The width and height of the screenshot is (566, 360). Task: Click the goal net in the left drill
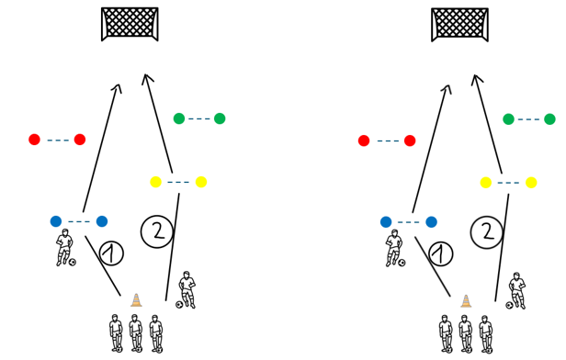130,24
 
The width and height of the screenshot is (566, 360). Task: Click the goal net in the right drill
459,25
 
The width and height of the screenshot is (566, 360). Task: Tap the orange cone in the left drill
136,300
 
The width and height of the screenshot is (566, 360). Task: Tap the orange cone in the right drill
466,301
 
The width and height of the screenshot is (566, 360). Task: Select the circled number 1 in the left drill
111,253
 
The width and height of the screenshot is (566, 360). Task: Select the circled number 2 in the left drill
157,231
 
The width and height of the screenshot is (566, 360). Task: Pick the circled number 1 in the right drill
441,254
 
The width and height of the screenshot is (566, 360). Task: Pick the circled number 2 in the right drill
487,232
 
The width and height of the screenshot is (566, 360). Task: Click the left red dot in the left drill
34,140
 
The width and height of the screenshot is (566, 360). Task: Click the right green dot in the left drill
220,118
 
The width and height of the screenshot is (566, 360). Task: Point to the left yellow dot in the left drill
155,182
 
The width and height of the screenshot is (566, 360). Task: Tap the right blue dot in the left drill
102,221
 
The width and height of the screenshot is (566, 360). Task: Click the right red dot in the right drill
410,141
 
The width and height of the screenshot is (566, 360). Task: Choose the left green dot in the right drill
509,119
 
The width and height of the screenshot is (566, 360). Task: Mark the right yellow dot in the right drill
531,183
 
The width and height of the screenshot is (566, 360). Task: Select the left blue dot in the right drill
386,222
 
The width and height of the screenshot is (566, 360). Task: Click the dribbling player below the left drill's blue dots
64,247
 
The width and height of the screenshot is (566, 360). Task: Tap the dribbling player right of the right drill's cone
517,291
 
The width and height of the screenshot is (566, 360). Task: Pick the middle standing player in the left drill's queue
135,332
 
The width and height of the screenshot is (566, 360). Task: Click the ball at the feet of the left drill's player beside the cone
178,305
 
